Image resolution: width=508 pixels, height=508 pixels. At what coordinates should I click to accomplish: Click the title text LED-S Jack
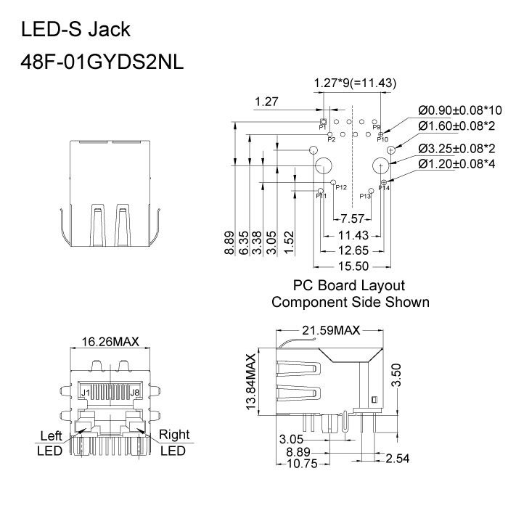tap(76, 30)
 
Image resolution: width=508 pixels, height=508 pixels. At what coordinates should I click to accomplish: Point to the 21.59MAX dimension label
tap(331, 331)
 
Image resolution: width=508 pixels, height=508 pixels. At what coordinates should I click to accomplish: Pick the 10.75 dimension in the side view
tap(303, 464)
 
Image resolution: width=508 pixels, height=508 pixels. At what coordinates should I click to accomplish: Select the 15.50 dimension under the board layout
tap(352, 266)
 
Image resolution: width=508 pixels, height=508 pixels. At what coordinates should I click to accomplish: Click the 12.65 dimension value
tap(352, 250)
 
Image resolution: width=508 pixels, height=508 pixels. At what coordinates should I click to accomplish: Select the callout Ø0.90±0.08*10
tap(460, 110)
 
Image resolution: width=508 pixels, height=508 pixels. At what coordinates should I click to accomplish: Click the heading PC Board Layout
tap(349, 285)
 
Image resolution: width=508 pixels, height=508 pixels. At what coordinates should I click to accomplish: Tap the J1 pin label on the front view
tap(85, 393)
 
